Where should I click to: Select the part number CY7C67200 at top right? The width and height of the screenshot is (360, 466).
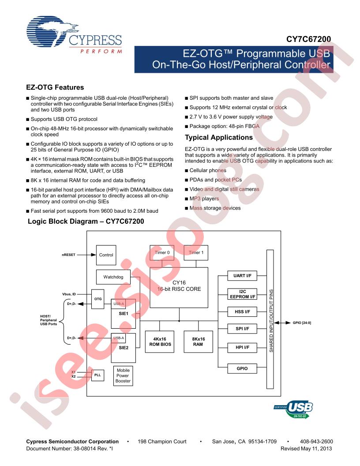[x=308, y=39]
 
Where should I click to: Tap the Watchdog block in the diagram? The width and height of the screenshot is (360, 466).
[x=113, y=277]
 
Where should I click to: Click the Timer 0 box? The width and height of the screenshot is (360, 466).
[x=162, y=252]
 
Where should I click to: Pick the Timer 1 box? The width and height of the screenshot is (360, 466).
[x=196, y=252]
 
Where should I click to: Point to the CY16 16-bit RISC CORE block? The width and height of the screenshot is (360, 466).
[x=179, y=287]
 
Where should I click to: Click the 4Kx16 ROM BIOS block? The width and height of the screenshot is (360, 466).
[x=160, y=342]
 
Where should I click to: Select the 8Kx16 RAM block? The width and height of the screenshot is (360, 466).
[x=198, y=342]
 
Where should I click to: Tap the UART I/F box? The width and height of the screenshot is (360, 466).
[x=242, y=276]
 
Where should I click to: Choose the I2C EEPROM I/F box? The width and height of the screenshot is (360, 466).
[x=242, y=294]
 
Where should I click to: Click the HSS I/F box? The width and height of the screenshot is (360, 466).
[x=242, y=312]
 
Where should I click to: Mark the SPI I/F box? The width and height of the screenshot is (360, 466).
[x=242, y=329]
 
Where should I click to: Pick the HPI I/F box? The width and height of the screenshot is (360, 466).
[x=242, y=347]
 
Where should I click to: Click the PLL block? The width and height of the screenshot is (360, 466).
[x=97, y=375]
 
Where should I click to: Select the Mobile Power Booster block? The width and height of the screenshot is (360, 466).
[x=123, y=376]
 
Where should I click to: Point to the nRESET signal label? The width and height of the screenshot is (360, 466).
[x=69, y=255]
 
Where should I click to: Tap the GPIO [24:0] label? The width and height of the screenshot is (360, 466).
[x=302, y=323]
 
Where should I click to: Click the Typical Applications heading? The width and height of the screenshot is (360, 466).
[x=219, y=138]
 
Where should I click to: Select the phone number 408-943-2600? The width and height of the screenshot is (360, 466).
[x=316, y=442]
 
